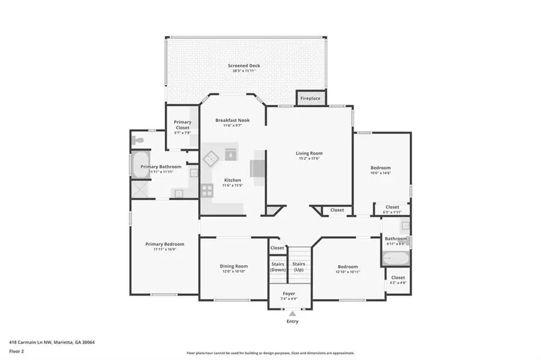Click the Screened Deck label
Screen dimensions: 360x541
244,66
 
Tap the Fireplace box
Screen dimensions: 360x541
311,98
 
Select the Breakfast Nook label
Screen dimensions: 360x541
232,120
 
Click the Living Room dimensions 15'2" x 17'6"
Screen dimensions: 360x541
309,159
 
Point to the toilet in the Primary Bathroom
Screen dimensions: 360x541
138,140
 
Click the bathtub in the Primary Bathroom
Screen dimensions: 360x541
138,167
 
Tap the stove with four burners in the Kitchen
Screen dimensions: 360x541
207,191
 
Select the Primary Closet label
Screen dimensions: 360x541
182,124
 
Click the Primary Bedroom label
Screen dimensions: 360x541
164,244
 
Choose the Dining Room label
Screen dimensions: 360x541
233,266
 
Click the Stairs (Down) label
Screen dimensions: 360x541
278,266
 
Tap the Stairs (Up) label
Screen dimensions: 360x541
298,266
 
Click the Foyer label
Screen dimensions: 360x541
289,293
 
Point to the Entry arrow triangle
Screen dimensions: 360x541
293,313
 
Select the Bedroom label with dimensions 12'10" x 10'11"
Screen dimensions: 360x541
347,266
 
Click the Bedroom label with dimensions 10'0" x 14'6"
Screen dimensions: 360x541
380,168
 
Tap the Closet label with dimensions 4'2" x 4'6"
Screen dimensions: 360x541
398,278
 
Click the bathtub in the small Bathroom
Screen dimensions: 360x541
396,259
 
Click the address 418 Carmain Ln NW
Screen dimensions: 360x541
29,342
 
